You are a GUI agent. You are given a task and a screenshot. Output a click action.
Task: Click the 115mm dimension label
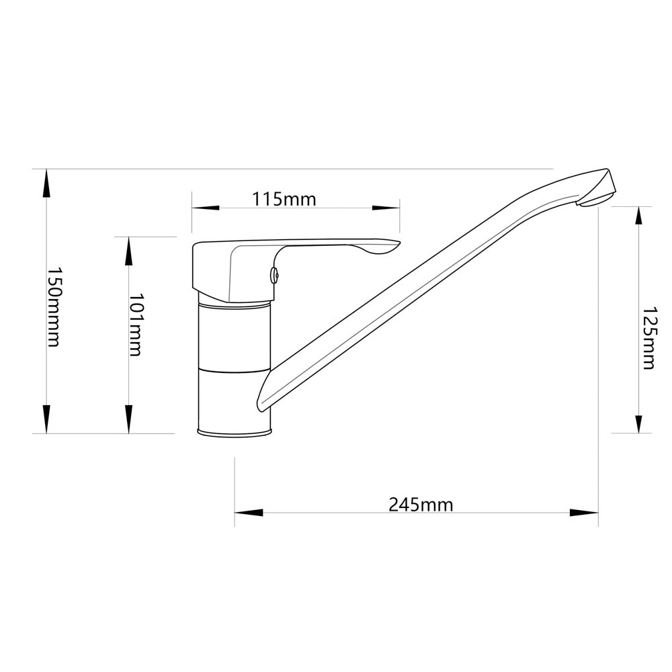pos(284,200)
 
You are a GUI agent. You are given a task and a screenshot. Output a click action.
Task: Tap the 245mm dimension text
pos(421,505)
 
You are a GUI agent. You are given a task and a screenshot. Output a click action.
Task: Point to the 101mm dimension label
pos(136,325)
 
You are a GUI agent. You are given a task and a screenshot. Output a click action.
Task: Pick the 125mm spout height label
pos(648,338)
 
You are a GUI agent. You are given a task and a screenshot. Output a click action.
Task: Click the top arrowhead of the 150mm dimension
pos(47,183)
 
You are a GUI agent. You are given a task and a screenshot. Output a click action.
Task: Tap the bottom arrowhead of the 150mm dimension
pos(47,419)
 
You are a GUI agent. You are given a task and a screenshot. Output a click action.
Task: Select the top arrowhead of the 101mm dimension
pos(128,251)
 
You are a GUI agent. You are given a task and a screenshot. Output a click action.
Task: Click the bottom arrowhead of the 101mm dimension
pos(128,419)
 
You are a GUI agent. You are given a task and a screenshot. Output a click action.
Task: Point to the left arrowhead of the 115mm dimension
pos(206,208)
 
